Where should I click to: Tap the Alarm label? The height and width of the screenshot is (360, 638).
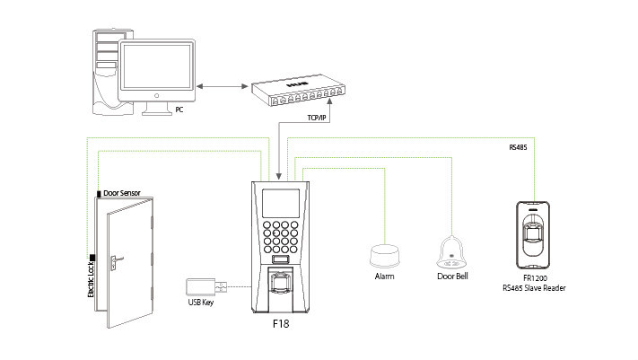coord(384,277)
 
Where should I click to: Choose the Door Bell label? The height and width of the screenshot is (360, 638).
coord(450,277)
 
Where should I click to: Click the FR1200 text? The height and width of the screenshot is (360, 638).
coord(536,277)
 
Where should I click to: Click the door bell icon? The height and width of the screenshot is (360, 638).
coord(450,252)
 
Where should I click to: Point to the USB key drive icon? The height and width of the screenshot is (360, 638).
coord(201,287)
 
